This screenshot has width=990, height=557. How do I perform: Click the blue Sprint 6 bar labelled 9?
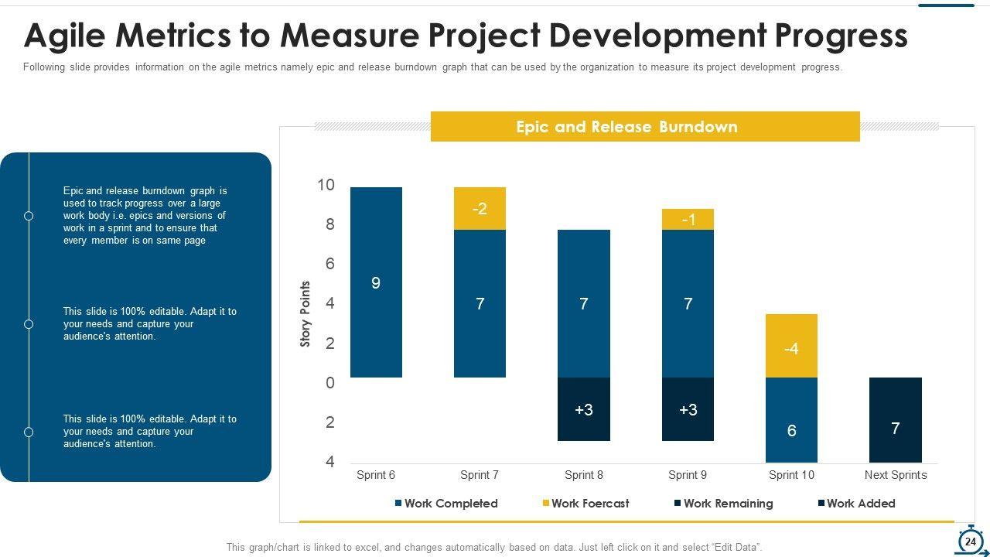[x=376, y=282]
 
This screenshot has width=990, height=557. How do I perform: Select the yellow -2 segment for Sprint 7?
[x=480, y=209]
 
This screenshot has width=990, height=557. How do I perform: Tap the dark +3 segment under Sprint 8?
[x=584, y=409]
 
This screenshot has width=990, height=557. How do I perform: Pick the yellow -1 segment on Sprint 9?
[x=688, y=220]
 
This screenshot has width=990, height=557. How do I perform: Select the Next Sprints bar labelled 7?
[x=895, y=420]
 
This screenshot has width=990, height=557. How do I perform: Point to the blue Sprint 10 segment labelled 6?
[x=791, y=420]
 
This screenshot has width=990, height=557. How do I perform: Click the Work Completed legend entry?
[x=446, y=504]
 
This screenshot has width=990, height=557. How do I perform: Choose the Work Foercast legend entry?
[x=585, y=504]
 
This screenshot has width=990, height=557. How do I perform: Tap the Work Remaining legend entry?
[x=723, y=504]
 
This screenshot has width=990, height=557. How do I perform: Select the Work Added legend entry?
[x=856, y=504]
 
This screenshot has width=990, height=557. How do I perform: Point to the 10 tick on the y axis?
[x=326, y=185]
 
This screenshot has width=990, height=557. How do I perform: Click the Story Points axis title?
[x=306, y=314]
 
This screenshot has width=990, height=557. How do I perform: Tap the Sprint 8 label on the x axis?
[x=584, y=475]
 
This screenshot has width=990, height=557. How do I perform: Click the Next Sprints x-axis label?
[x=895, y=475]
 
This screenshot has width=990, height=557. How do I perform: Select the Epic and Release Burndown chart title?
[x=626, y=127]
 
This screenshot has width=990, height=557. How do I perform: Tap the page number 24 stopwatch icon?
[x=971, y=542]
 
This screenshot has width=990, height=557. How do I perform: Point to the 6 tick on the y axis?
[x=329, y=264]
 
